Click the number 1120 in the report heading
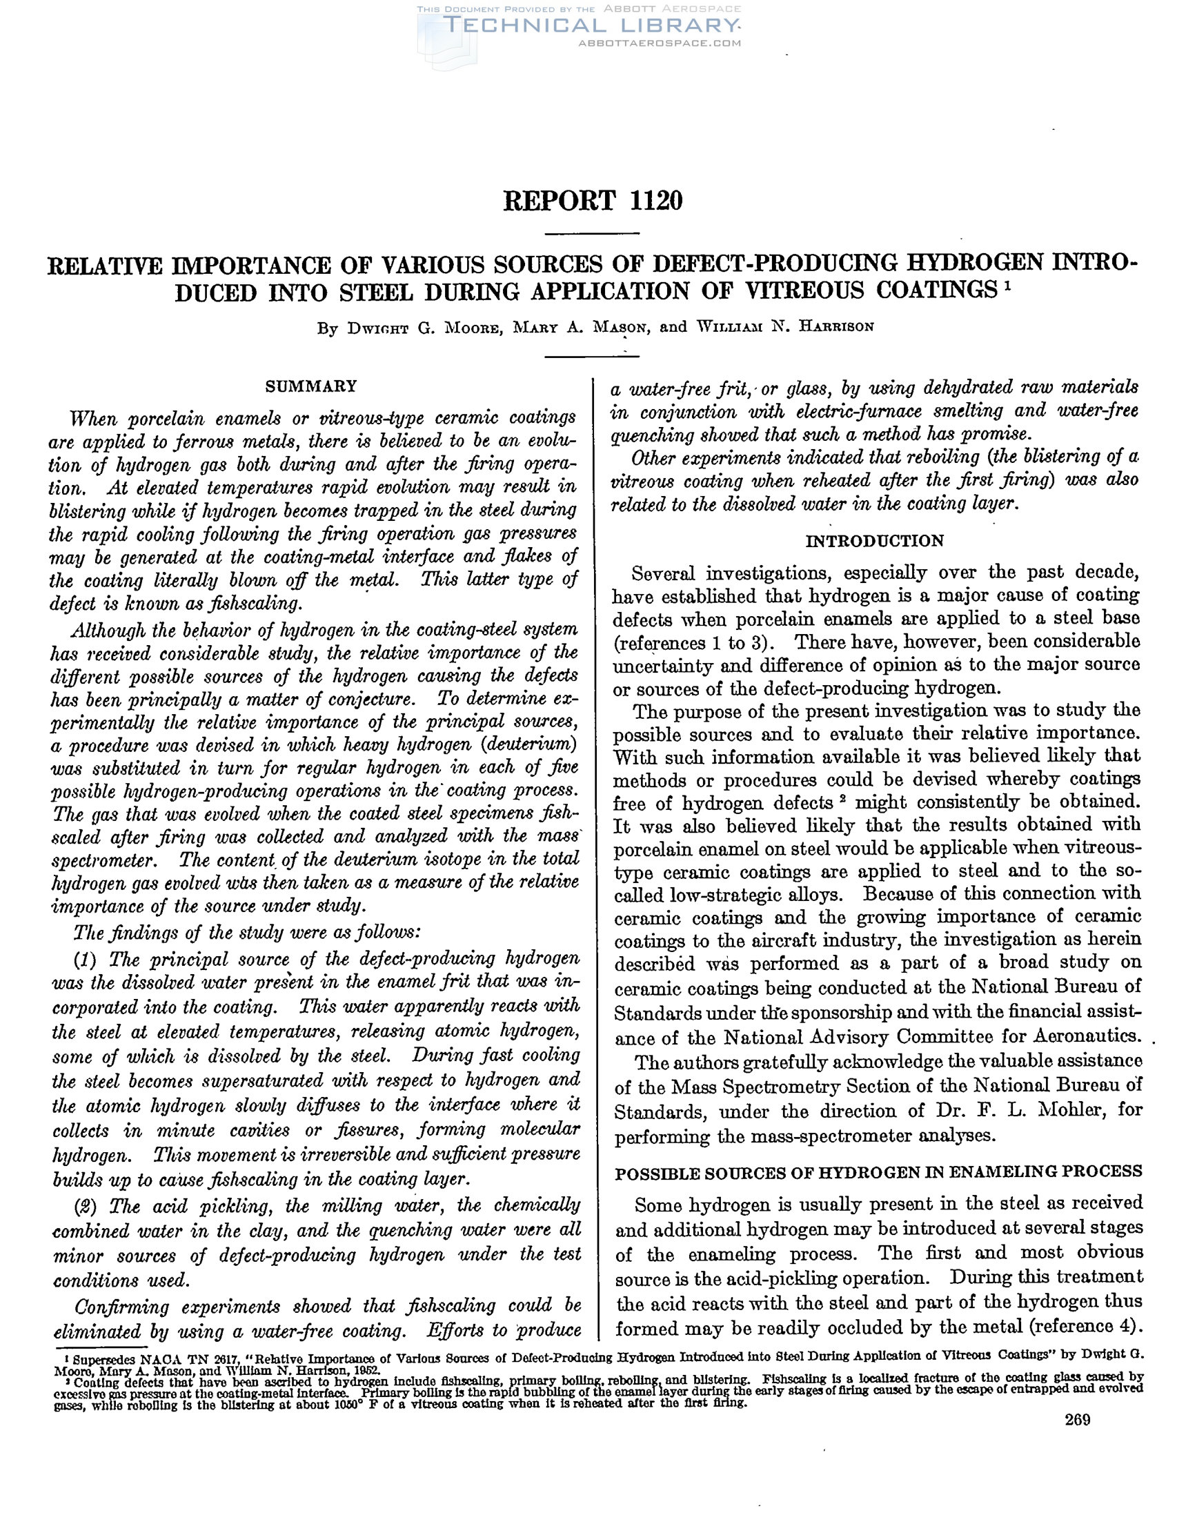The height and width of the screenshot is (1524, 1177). pos(655,201)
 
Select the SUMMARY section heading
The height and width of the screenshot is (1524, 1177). pos(311,386)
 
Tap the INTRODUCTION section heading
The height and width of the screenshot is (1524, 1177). pos(874,541)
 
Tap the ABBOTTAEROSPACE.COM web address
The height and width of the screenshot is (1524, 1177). pos(660,43)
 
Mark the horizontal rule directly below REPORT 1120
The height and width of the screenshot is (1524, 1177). pos(592,233)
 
